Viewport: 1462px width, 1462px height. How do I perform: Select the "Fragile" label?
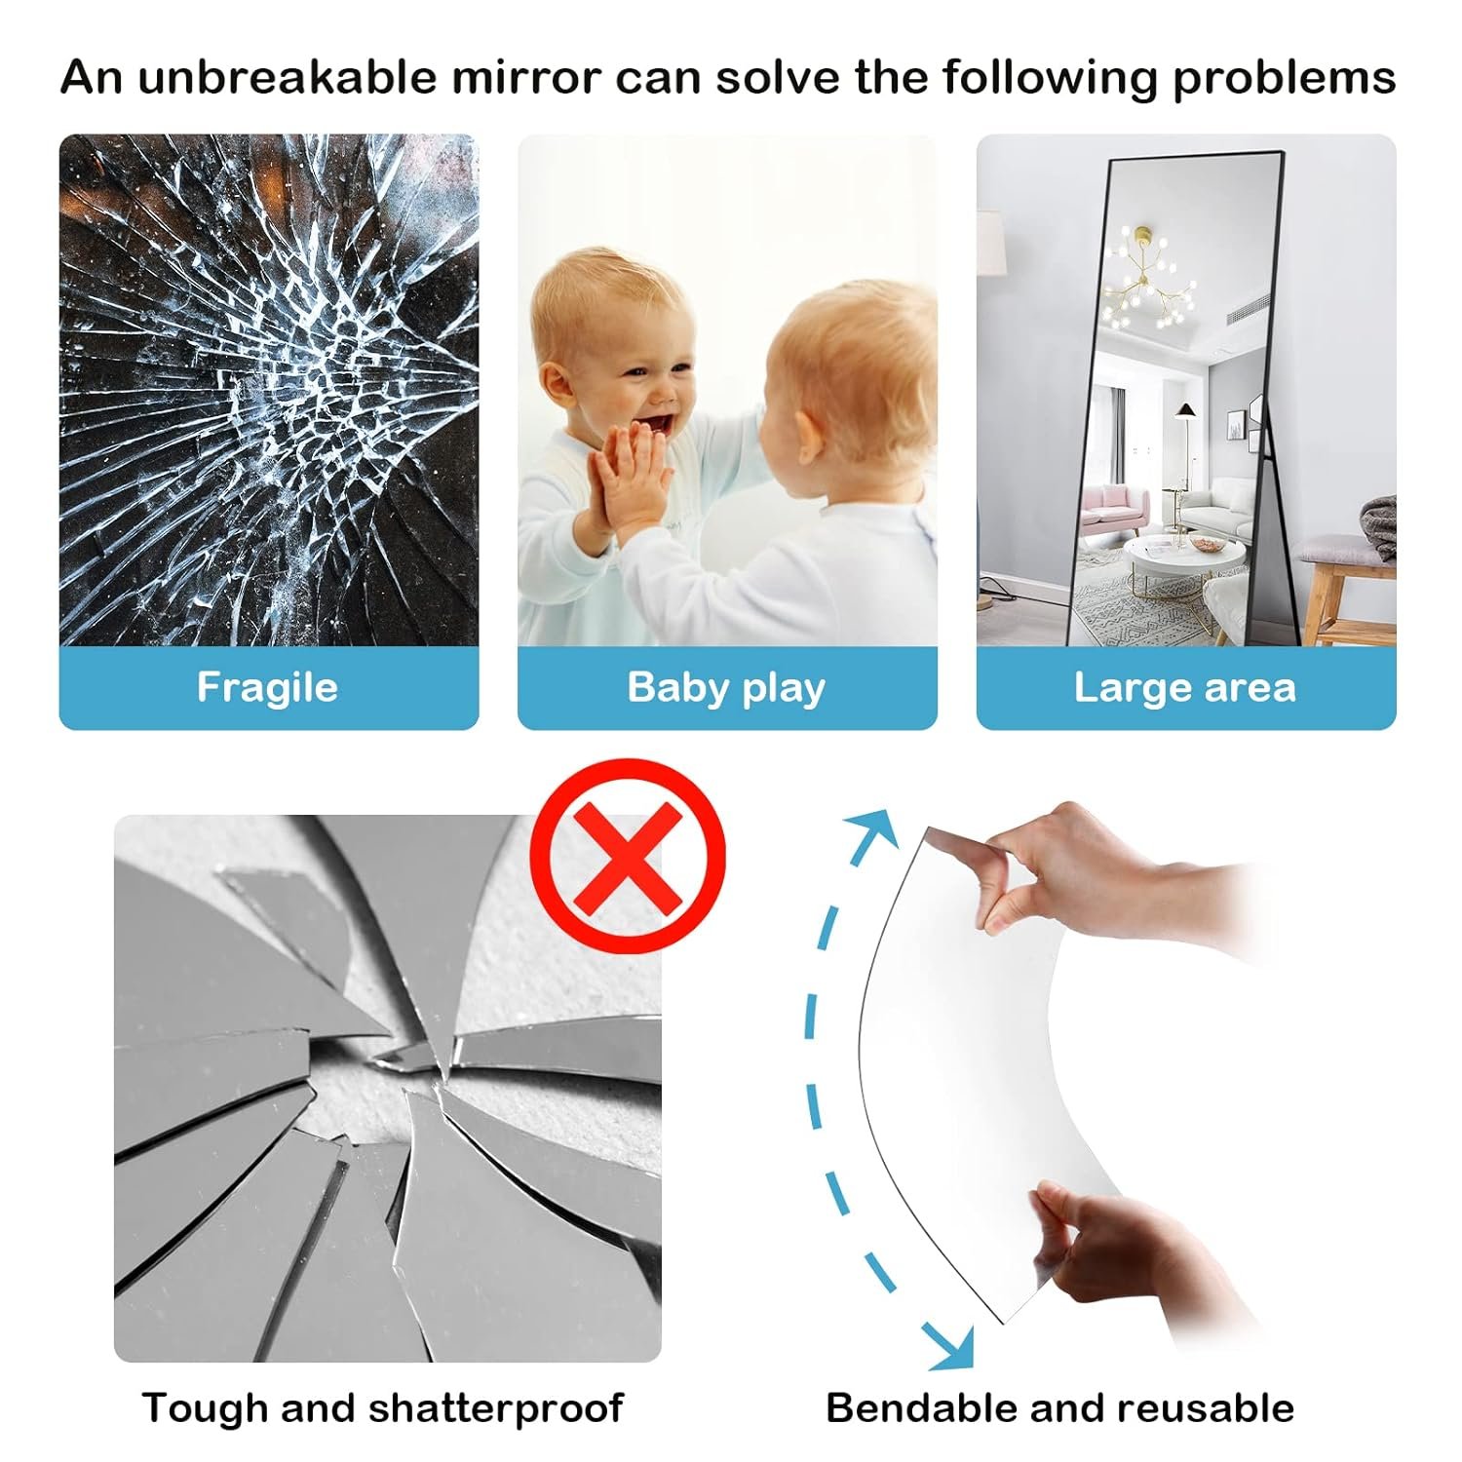coord(267,688)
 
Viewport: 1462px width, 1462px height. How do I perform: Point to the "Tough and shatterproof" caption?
coord(382,1408)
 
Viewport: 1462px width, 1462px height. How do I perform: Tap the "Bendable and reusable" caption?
coord(1060,1408)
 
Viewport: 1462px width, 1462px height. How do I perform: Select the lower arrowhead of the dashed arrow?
coord(951,1347)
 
